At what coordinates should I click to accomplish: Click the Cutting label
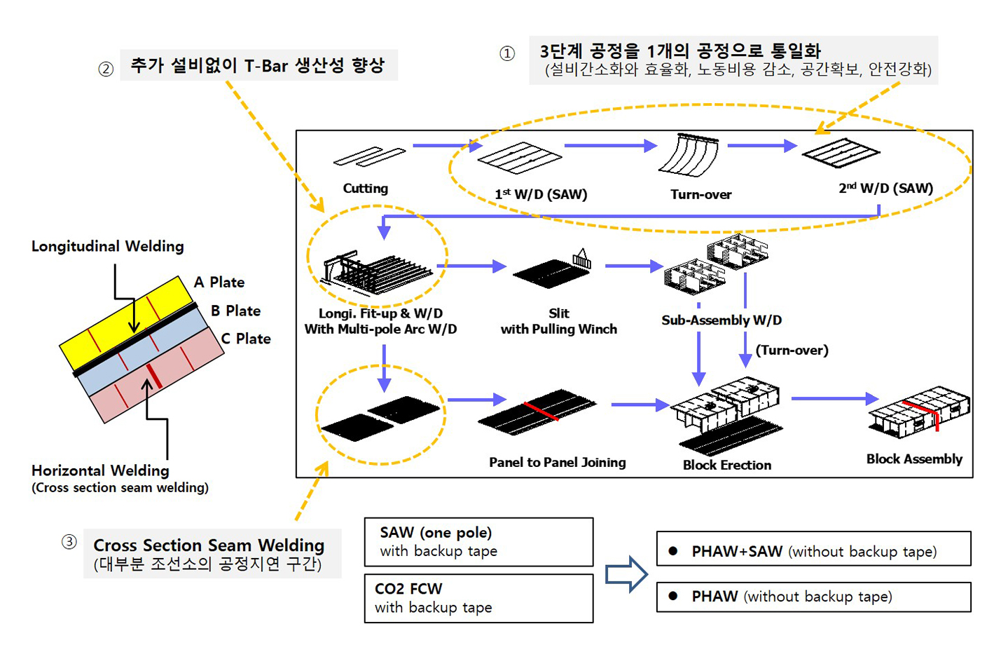point(365,188)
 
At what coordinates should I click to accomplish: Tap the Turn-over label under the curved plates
point(700,194)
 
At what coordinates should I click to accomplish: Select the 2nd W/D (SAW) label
point(885,188)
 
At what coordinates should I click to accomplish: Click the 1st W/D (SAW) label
point(541,194)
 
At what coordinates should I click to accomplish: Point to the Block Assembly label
point(914,459)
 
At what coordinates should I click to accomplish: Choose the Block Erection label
point(727,465)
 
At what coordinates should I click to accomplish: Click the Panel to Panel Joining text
point(558,462)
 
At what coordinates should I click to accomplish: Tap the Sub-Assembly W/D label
point(722,320)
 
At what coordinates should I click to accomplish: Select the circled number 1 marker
point(507,54)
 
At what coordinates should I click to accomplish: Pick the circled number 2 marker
point(106,69)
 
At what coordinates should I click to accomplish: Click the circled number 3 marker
point(69,542)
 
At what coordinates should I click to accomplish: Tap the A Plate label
point(219,283)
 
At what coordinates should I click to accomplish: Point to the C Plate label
point(246,339)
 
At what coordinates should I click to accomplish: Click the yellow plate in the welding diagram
point(126,322)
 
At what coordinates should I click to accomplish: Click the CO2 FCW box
point(478,598)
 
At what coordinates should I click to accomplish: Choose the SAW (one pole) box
point(478,542)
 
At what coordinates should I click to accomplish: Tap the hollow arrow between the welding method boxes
point(626,575)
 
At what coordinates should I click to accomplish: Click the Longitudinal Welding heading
point(108,246)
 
